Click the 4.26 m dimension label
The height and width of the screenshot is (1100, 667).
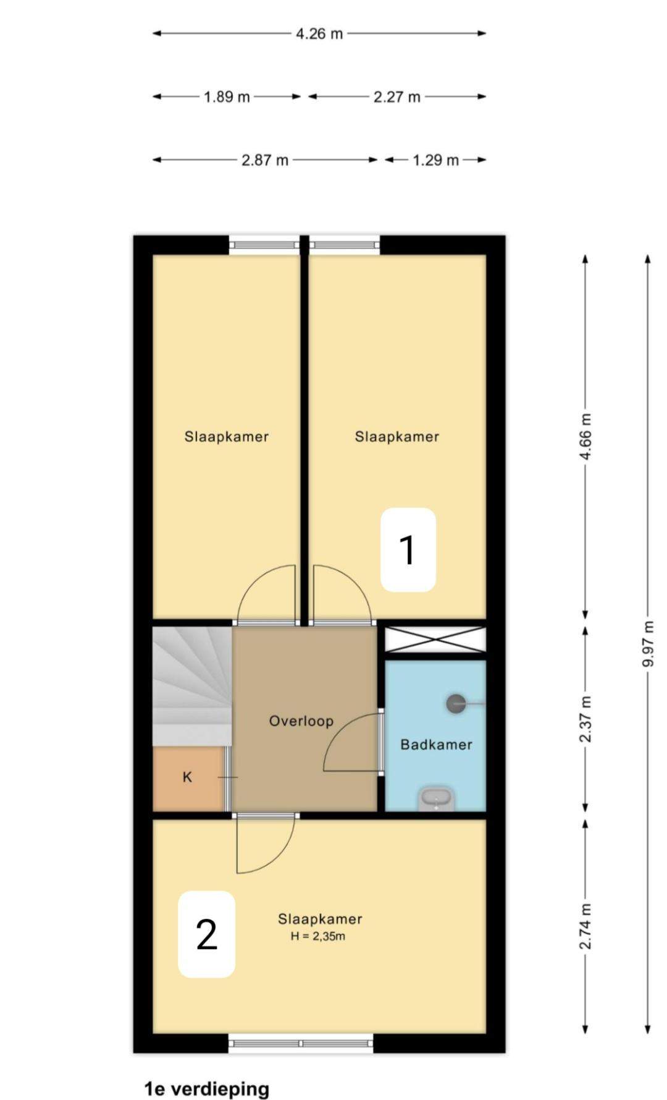click(319, 33)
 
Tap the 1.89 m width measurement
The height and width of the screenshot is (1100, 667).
click(227, 97)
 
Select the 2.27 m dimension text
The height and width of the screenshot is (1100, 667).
click(396, 97)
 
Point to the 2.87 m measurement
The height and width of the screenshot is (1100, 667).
click(265, 160)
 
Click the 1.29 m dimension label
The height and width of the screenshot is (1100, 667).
click(435, 160)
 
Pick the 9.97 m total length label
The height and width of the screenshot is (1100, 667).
click(648, 643)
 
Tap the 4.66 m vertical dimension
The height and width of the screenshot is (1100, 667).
click(585, 436)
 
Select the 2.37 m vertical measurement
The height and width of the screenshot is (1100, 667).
click(585, 719)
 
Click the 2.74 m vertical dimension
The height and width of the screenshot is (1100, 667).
click(585, 926)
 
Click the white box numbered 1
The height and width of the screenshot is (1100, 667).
click(408, 550)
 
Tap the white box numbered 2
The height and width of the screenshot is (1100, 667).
click(207, 934)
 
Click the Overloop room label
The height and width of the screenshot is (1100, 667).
click(301, 721)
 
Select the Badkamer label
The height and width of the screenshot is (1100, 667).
click(436, 745)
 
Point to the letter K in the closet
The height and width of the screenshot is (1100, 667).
click(188, 777)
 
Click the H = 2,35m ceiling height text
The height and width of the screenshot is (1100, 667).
click(318, 936)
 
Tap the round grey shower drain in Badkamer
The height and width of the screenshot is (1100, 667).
click(456, 703)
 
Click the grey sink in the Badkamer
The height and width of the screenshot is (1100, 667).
click(437, 799)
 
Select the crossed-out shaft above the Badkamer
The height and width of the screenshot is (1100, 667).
click(435, 640)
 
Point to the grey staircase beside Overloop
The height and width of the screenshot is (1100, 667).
click(192, 686)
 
